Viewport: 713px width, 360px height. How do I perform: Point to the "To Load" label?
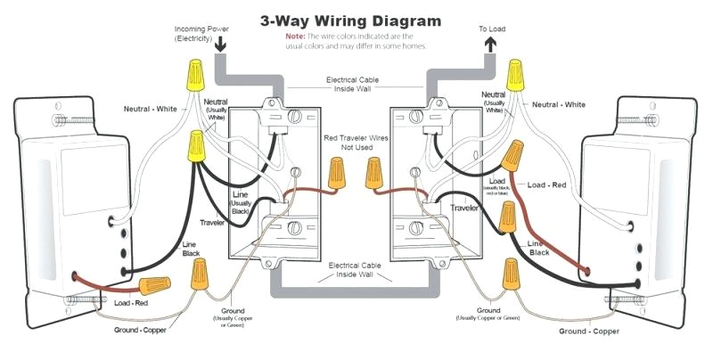click(x=489, y=29)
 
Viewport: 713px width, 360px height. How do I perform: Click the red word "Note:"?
click(x=295, y=36)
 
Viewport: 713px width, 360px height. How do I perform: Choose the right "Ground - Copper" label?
click(x=589, y=331)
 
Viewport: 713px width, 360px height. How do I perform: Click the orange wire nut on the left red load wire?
click(x=154, y=286)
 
